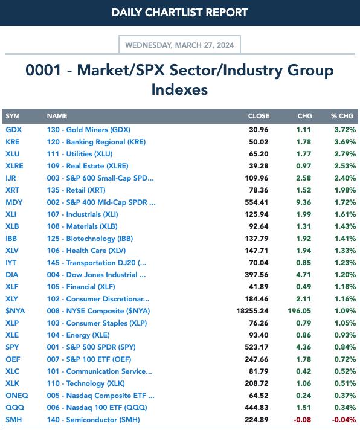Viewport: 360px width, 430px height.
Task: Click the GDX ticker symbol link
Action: click(x=13, y=130)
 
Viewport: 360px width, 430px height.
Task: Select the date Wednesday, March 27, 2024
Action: click(x=179, y=45)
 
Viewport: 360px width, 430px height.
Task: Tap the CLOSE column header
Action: click(x=259, y=116)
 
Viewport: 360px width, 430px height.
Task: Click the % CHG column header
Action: click(x=342, y=116)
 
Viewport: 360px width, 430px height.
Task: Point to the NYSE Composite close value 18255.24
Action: click(x=252, y=311)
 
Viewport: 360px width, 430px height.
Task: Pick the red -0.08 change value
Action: click(x=303, y=420)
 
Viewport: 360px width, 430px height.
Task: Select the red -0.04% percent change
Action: click(x=344, y=420)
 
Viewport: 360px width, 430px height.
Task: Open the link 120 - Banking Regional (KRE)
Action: click(x=96, y=142)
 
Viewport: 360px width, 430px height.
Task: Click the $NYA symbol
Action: click(x=15, y=311)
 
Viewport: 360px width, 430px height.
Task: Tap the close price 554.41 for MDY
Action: click(x=257, y=202)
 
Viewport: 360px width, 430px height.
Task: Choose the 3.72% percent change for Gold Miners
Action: click(x=345, y=130)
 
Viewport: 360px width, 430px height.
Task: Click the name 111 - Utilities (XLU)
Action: click(x=80, y=154)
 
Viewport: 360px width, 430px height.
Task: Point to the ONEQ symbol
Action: click(x=17, y=396)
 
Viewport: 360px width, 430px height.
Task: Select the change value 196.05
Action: click(x=300, y=311)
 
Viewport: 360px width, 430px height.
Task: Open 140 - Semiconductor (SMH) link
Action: click(x=93, y=420)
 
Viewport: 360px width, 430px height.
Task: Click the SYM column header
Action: click(x=13, y=116)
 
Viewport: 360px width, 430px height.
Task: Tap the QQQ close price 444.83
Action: click(x=257, y=408)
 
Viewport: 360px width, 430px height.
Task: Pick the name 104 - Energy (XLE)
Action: click(x=78, y=335)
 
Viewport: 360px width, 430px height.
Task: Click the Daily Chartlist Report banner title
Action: click(x=179, y=13)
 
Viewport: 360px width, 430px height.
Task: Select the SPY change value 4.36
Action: click(x=303, y=347)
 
